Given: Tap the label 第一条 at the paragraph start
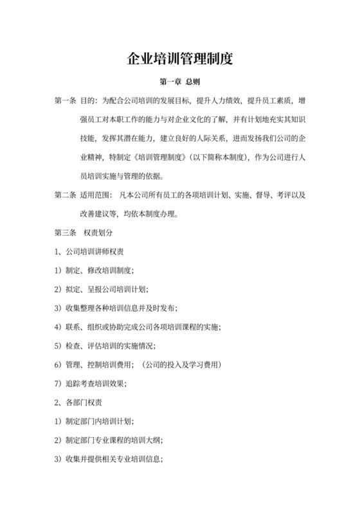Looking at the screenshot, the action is [66, 101].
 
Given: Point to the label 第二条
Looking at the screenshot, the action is [66, 195].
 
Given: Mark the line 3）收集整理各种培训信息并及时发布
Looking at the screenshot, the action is [116, 308].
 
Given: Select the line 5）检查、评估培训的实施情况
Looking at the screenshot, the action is [111, 346].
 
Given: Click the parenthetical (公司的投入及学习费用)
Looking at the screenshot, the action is [182, 364].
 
